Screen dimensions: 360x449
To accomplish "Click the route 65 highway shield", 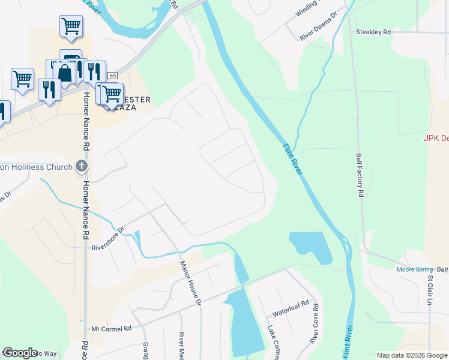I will pos(112,76).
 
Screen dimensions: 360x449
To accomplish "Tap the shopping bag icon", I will pos(64,73).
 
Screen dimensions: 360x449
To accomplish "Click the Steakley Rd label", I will pos(373,32).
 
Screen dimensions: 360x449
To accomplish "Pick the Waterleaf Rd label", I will pos(291,313).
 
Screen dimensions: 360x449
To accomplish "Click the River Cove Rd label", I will pos(314,324).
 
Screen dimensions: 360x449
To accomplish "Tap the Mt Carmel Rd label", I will pos(111,329).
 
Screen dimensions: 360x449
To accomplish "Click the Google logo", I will pos(20,353).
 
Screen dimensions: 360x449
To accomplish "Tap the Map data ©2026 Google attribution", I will pos(412,355).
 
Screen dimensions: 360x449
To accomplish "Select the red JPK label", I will pos(436,139).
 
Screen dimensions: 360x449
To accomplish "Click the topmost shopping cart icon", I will pos(71,26).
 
